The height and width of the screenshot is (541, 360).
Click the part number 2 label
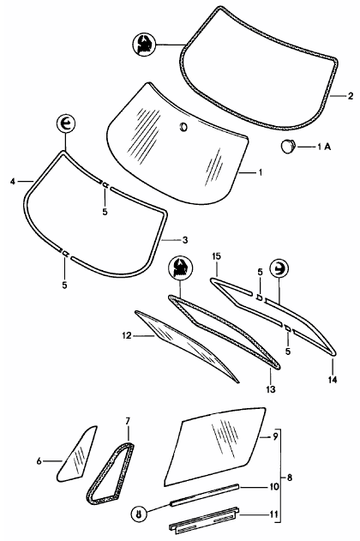click(x=351, y=96)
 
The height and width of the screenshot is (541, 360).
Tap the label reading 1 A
click(x=324, y=147)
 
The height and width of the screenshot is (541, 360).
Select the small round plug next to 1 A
click(x=287, y=146)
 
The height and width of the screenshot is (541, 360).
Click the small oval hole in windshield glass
click(x=183, y=127)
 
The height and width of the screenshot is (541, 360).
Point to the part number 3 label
click(x=185, y=240)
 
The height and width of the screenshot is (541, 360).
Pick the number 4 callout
click(x=13, y=181)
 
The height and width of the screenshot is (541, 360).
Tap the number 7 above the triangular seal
click(x=128, y=421)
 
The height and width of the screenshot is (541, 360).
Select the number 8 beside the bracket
click(x=290, y=478)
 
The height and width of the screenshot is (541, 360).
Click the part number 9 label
click(x=275, y=436)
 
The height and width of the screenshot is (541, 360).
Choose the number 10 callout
click(x=273, y=486)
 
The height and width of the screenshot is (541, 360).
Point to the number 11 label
click(x=273, y=514)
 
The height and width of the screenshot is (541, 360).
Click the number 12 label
click(x=127, y=335)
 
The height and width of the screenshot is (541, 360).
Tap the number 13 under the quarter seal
click(x=271, y=389)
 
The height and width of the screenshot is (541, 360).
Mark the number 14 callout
click(x=333, y=380)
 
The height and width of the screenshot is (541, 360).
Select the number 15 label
click(x=217, y=256)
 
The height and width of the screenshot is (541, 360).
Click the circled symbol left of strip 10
click(x=139, y=514)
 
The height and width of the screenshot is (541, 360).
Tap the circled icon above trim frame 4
click(x=65, y=123)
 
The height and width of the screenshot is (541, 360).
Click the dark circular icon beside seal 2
click(x=144, y=45)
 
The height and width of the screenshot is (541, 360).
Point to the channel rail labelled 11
click(x=205, y=520)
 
